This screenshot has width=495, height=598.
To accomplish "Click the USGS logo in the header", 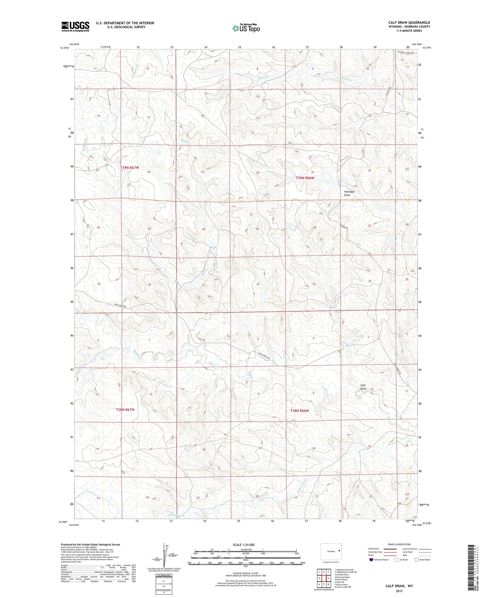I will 75,26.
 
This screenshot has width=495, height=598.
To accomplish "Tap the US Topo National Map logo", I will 246,28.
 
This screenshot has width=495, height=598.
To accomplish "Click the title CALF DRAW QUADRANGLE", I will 409,22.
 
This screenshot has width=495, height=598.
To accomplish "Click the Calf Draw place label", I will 363,387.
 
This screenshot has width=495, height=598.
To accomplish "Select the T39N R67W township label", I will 130,168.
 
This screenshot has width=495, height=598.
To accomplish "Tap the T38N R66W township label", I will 299,411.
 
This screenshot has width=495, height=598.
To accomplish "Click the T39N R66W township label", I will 305,178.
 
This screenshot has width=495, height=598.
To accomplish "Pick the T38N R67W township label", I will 125,409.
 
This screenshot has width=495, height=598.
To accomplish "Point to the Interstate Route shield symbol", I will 371,560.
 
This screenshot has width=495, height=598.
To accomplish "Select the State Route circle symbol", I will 416,560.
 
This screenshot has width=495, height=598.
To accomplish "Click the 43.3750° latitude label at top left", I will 64,48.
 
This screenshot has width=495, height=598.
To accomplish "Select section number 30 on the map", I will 203,229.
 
